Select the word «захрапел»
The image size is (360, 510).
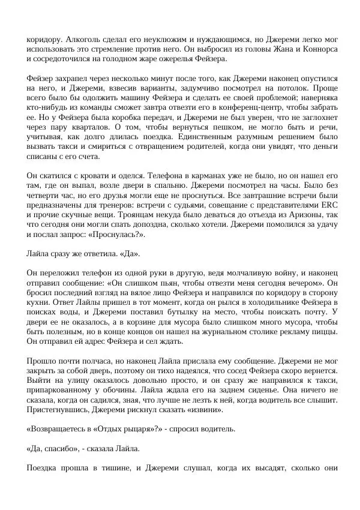pos(71,79)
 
